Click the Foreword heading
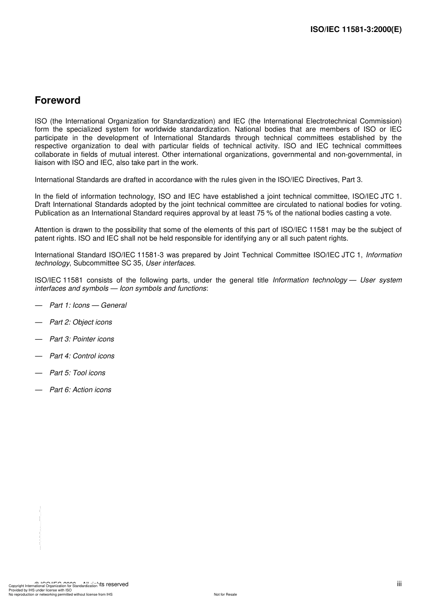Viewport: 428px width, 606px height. [x=57, y=100]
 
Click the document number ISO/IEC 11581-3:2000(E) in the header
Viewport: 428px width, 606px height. [x=356, y=30]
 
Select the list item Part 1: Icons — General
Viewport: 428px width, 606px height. [x=88, y=305]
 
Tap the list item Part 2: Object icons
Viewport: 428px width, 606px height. [x=81, y=322]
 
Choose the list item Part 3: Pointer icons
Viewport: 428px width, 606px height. [x=82, y=339]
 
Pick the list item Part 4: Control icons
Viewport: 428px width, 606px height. [x=82, y=356]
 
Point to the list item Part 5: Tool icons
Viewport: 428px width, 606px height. [x=77, y=373]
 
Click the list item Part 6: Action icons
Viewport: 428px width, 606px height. [x=80, y=390]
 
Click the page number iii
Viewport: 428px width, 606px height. [x=399, y=584]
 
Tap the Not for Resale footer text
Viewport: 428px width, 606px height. [x=225, y=594]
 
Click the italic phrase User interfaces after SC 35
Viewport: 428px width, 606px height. [x=170, y=263]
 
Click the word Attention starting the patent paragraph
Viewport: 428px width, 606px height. [x=49, y=230]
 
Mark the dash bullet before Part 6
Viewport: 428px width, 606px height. [x=39, y=390]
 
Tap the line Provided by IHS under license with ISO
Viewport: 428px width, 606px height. [x=40, y=590]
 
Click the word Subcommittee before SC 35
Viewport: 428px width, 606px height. [x=94, y=263]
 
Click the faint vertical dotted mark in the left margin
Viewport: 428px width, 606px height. [x=40, y=527]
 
